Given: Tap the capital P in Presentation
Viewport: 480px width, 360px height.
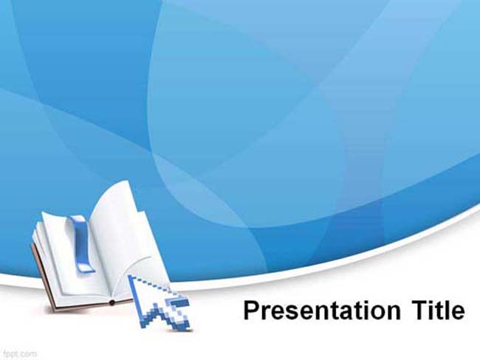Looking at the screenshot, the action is pos(252,310).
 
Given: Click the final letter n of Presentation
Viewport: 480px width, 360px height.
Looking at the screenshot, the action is pos(394,313).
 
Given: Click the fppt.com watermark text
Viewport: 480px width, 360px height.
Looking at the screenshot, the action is pos(20,355).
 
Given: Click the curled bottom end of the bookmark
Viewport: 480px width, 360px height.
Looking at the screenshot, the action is pos(86,269).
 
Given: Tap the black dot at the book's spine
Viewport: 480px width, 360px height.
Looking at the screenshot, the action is pos(112,302).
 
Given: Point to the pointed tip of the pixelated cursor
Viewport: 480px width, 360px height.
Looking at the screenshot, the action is pos(129,276).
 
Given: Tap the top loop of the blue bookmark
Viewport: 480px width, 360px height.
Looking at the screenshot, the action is pos(77,218).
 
